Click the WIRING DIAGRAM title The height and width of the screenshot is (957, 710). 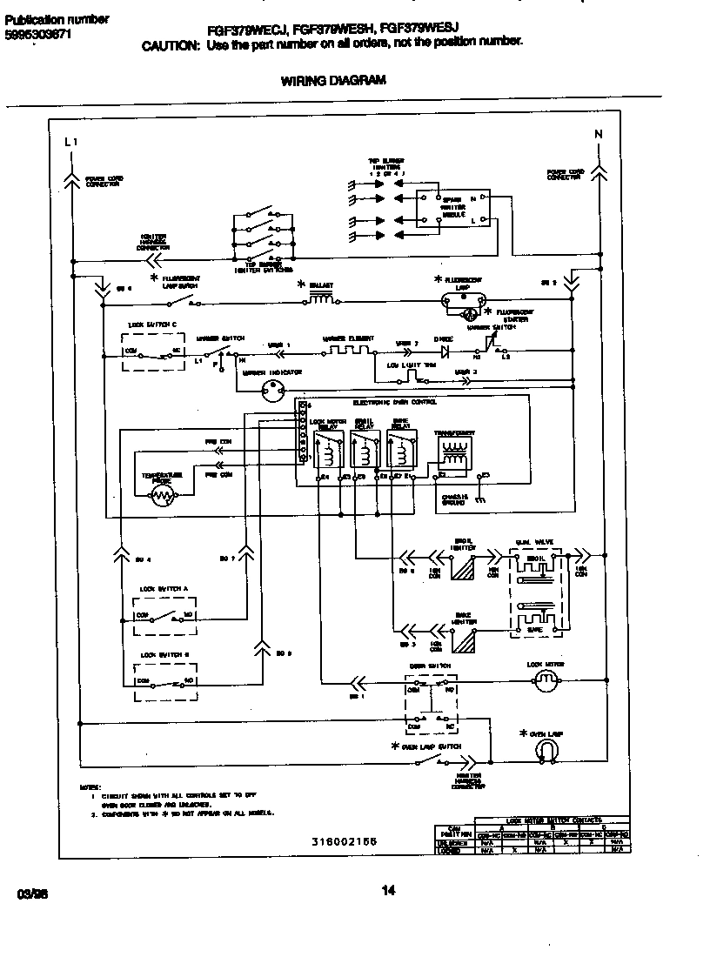tap(333, 80)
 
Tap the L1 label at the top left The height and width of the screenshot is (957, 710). tap(71, 141)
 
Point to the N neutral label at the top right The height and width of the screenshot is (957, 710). tap(598, 134)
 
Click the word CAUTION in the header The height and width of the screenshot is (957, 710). tap(171, 46)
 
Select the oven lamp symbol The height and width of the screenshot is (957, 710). tap(546, 750)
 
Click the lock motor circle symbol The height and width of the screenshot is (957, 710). tap(546, 683)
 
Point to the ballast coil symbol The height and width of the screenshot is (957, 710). tap(319, 299)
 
